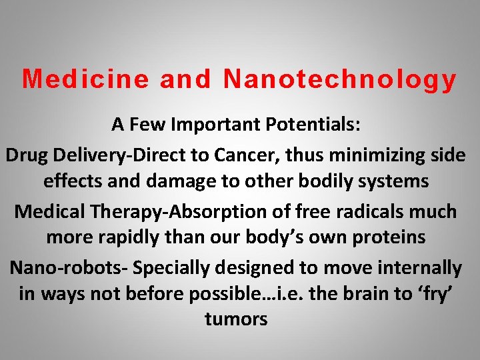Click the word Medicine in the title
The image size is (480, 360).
[x=85, y=79]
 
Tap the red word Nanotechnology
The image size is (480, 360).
[x=340, y=79]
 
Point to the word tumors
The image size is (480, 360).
[x=236, y=319]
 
